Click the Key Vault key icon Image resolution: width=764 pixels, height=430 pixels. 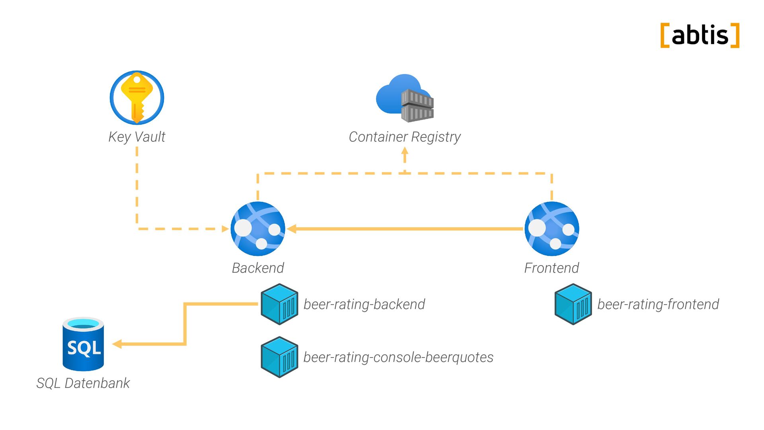coord(137,98)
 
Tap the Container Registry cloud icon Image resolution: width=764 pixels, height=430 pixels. coord(405,98)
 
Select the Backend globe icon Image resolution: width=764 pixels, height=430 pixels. coord(258,229)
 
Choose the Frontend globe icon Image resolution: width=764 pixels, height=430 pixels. coord(552,229)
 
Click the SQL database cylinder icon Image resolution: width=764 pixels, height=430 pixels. coord(83,344)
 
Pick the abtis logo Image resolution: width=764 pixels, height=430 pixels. coord(700,35)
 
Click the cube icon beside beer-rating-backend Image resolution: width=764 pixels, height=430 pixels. coord(279,304)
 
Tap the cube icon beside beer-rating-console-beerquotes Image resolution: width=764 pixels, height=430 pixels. coord(279,357)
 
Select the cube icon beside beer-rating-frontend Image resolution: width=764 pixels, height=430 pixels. coord(573,304)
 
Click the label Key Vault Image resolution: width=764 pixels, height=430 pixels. coord(137,137)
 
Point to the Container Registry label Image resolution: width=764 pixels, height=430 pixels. coord(405,137)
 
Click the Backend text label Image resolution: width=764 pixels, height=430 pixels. coord(258,268)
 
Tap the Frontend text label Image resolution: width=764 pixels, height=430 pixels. coord(552,268)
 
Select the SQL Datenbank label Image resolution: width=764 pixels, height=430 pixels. coord(83,383)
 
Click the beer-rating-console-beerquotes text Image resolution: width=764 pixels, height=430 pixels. coord(398,357)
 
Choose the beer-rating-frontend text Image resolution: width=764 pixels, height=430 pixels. coord(658,304)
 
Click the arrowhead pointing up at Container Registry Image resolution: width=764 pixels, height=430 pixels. coord(405,151)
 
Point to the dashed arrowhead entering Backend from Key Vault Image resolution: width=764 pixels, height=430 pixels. coord(225,229)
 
